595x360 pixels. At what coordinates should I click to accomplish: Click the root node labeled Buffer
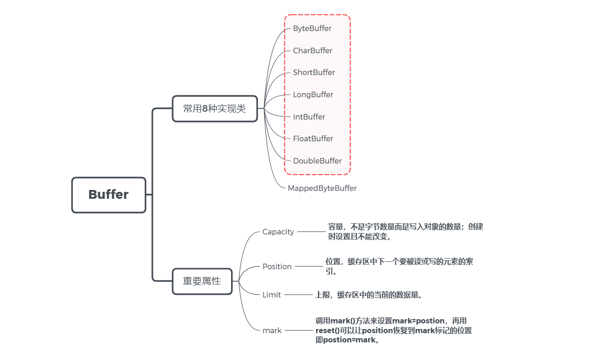(108, 195)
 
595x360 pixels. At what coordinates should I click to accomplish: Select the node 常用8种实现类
(214, 109)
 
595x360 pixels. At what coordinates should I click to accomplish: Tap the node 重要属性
(202, 281)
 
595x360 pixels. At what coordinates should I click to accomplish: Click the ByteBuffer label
(312, 29)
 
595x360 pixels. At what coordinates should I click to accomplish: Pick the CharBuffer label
(313, 51)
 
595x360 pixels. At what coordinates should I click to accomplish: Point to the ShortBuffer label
(314, 73)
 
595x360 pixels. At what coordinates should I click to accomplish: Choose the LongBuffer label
(313, 95)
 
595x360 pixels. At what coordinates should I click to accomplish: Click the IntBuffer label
(309, 117)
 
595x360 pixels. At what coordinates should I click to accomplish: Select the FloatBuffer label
(313, 139)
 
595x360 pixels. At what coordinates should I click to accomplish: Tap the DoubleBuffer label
(317, 161)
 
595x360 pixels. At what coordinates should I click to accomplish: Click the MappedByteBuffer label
(322, 189)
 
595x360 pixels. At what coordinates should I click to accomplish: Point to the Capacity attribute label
(278, 232)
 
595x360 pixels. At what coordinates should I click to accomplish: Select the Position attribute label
(277, 267)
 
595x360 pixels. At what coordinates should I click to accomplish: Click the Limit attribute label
(271, 295)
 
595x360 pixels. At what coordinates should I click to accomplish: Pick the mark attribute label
(272, 331)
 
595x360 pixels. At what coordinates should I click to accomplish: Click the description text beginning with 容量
(405, 232)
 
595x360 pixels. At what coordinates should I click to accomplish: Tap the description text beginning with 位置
(399, 266)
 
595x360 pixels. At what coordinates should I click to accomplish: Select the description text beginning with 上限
(369, 295)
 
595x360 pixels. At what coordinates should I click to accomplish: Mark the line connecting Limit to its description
(298, 295)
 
